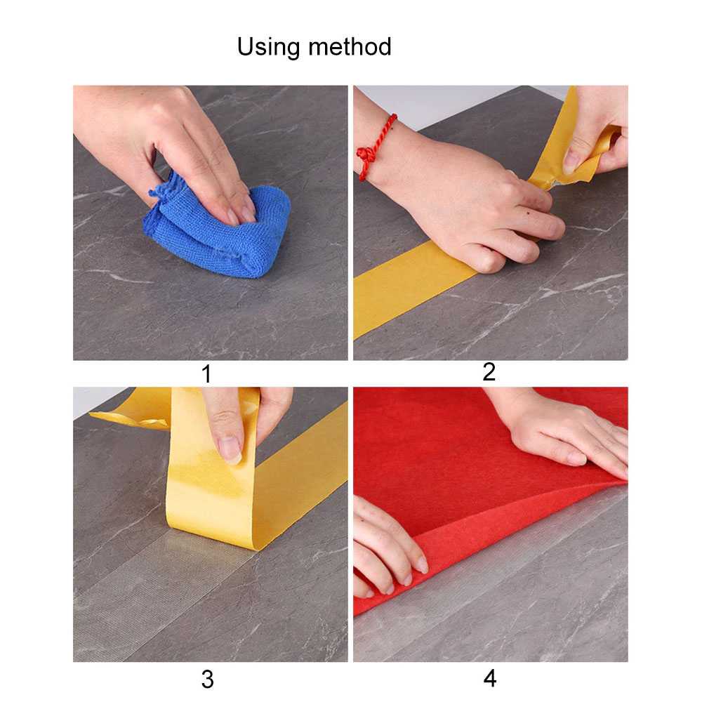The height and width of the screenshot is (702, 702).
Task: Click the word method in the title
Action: [x=350, y=46]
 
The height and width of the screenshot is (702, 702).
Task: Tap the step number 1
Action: [x=206, y=374]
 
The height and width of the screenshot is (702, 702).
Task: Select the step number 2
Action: [x=489, y=372]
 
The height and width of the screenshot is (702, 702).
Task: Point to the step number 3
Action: [x=207, y=680]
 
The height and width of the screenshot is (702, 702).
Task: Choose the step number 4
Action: [x=490, y=679]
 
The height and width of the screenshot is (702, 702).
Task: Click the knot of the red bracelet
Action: [x=367, y=155]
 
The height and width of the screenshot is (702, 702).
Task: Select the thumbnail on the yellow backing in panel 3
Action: [x=231, y=449]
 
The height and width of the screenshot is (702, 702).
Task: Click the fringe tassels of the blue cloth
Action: [x=164, y=188]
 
